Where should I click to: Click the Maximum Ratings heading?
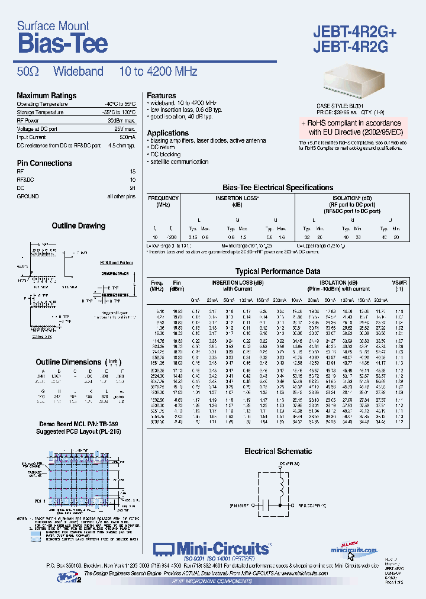pyautogui.click(x=47, y=96)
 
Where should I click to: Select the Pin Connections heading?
pyautogui.click(x=44, y=163)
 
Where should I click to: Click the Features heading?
pyautogui.click(x=162, y=95)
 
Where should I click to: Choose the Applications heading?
pyautogui.click(x=168, y=133)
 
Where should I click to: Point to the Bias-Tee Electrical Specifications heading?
pyautogui.click(x=277, y=188)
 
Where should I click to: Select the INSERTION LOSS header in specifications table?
pyautogui.click(x=237, y=198)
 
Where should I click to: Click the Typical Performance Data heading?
pyautogui.click(x=277, y=271)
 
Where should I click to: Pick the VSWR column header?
pyautogui.click(x=399, y=283)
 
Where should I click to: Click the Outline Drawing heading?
pyautogui.click(x=79, y=226)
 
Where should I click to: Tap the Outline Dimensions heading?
pyautogui.click(x=69, y=362)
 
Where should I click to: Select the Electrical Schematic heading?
pyautogui.click(x=277, y=451)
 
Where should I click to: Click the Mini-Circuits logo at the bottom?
pyautogui.click(x=211, y=549)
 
